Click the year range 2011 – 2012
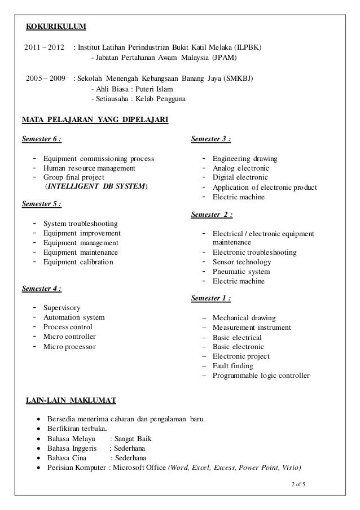pyautogui.click(x=45, y=46)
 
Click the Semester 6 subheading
pyautogui.click(x=41, y=138)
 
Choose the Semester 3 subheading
pyautogui.click(x=212, y=138)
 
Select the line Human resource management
pyautogui.click(x=89, y=168)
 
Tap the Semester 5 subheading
pyautogui.click(x=41, y=204)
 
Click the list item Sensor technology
pyautogui.click(x=242, y=261)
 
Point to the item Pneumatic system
pyautogui.click(x=241, y=271)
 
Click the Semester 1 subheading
pyautogui.click(x=212, y=298)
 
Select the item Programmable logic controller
pyautogui.click(x=261, y=375)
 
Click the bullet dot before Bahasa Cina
pyautogui.click(x=38, y=458)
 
